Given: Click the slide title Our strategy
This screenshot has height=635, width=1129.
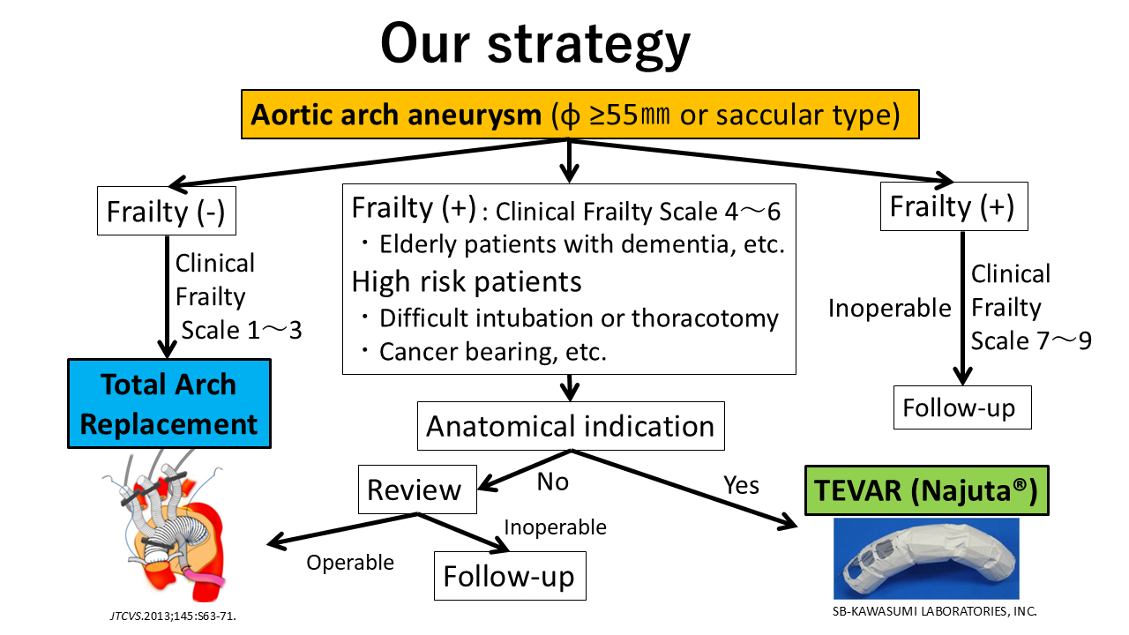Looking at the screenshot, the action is tap(535, 44).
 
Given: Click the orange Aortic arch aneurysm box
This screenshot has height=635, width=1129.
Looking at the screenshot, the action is tap(580, 115).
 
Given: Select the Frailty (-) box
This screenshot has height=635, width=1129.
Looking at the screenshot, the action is tap(167, 211).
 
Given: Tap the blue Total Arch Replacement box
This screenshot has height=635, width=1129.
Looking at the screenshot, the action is tap(169, 404).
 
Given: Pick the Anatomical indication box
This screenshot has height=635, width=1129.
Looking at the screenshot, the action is tap(571, 426).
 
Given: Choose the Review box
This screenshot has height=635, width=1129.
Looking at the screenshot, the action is tap(417, 489).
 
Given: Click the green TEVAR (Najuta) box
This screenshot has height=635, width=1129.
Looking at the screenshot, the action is tap(927, 490).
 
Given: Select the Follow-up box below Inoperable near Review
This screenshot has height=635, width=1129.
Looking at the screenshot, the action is tap(510, 576).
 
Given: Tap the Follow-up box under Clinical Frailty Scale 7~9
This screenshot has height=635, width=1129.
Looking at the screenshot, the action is tap(962, 407).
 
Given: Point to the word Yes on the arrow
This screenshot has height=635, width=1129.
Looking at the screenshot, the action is tap(741, 485).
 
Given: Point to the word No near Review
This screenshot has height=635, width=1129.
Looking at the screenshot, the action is tap(553, 482).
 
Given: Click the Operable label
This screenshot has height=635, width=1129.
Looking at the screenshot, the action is tap(350, 563).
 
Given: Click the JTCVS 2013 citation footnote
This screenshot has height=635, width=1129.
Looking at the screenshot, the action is tap(173, 616).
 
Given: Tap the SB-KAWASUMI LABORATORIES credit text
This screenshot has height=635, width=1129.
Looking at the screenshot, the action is tap(934, 611).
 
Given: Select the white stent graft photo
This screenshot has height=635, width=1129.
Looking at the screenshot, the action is tap(926, 558).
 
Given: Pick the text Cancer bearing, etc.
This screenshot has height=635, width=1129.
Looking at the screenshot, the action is tap(493, 352).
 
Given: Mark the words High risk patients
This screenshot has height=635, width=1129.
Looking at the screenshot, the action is tap(467, 281).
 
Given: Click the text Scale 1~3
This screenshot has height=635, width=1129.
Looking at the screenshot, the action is tap(242, 331).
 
